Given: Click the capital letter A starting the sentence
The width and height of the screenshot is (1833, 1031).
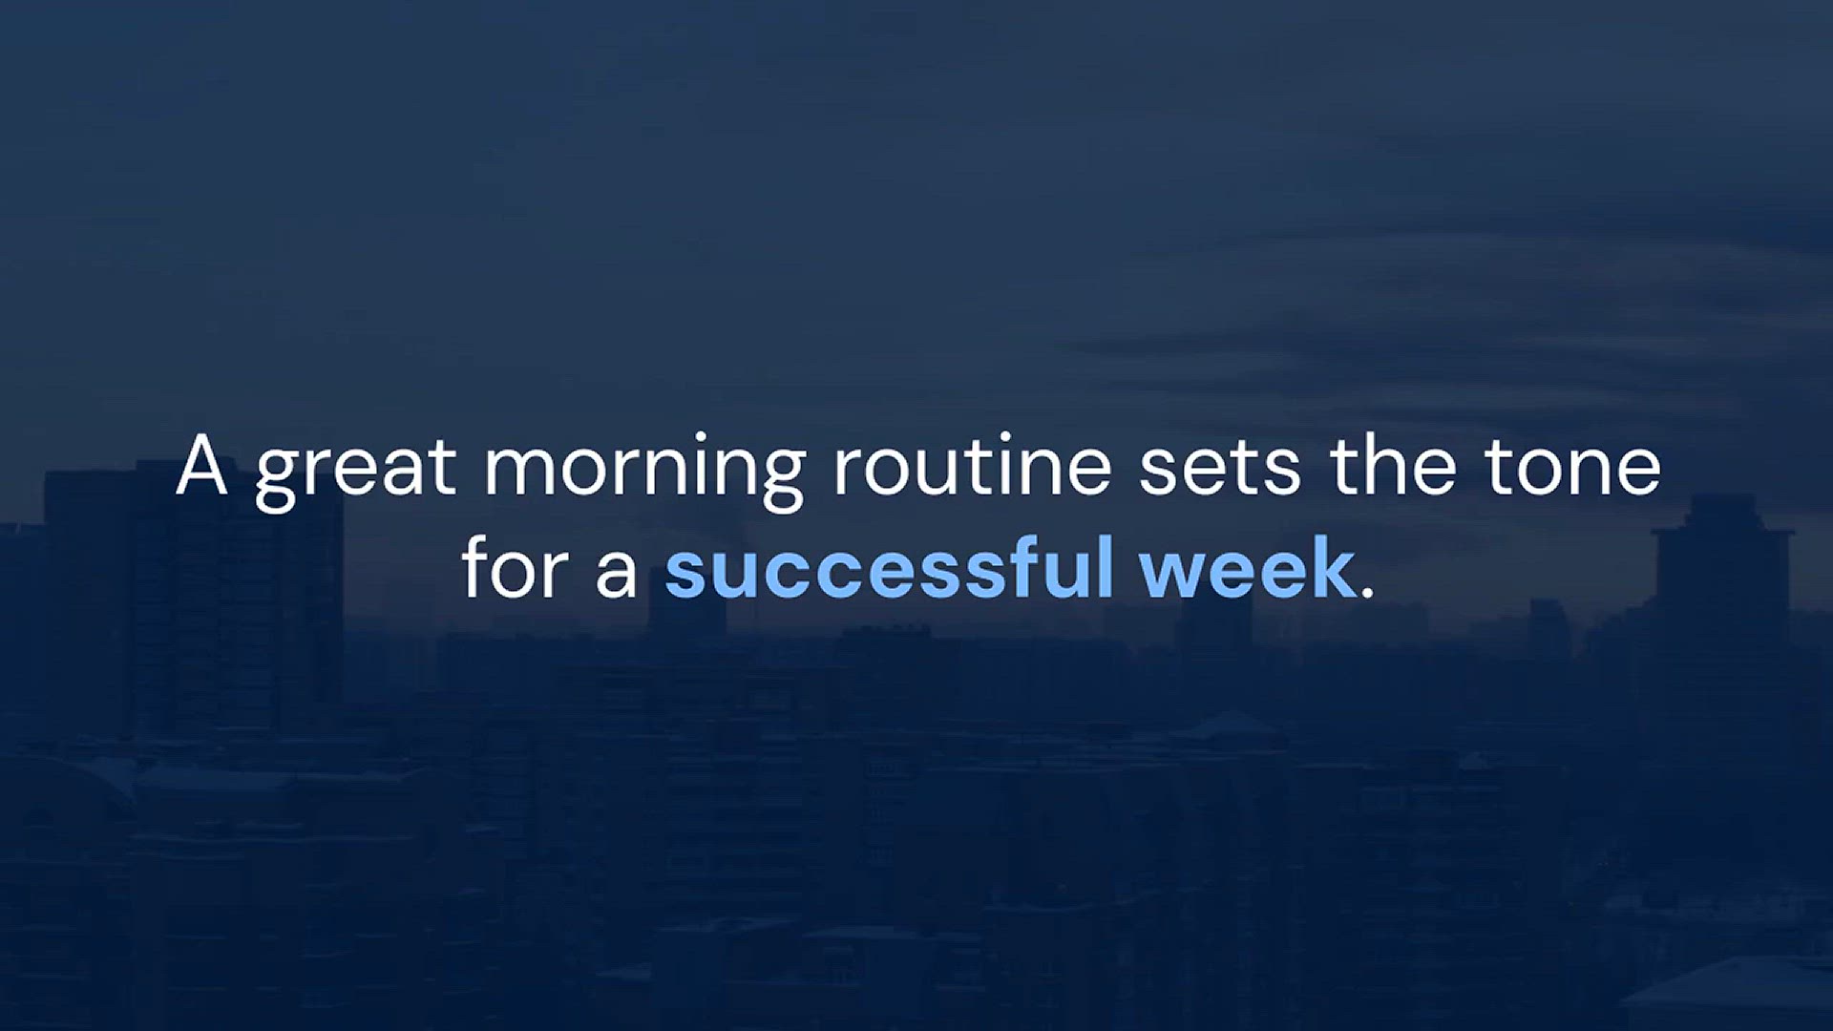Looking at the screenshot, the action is pos(201,465).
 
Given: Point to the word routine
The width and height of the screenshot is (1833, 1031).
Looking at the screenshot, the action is pos(973,467).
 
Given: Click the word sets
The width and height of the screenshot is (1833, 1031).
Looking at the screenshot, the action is pos(1220,470).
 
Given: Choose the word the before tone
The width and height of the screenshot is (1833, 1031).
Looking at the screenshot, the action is pos(1393,465).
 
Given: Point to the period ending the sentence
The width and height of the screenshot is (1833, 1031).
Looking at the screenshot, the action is pos(1367,592).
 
